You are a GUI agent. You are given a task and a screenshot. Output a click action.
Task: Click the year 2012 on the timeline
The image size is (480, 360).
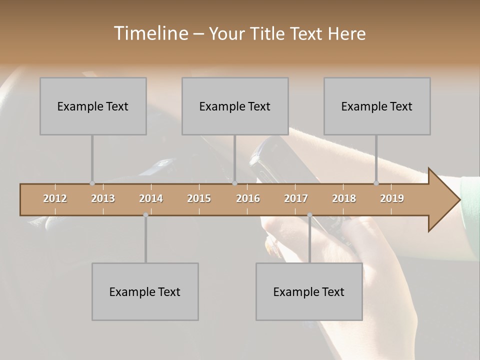(55, 198)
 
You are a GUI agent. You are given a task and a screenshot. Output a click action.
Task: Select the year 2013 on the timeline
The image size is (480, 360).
(103, 198)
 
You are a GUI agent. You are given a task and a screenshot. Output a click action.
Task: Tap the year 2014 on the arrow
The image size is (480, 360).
(151, 198)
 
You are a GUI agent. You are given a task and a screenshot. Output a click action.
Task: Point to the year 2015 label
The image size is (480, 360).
(199, 198)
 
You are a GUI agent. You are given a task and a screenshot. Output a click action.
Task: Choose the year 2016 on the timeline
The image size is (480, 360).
(248, 198)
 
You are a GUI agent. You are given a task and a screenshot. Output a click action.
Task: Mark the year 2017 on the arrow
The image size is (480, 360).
(296, 198)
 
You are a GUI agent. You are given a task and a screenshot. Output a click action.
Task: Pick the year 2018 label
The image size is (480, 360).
(344, 198)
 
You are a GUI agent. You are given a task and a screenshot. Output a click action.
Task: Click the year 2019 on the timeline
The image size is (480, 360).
(392, 198)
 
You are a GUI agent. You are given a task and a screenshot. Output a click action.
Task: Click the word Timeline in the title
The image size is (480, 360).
(150, 33)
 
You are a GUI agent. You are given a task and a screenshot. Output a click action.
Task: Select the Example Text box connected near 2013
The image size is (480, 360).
(93, 106)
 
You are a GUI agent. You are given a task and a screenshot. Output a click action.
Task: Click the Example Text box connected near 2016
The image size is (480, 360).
(235, 106)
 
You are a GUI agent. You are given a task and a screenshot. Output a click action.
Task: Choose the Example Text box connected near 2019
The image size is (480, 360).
(377, 106)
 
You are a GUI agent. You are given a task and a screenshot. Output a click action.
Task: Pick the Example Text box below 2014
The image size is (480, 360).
(145, 291)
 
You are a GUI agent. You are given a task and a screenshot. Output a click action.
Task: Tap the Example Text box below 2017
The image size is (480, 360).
(309, 291)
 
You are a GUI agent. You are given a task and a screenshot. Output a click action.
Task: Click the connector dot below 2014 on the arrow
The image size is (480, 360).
(145, 215)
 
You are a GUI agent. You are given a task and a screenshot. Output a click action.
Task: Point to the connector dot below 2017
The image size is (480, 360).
(309, 215)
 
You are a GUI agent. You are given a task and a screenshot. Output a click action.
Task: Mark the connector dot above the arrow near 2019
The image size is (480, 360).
(376, 183)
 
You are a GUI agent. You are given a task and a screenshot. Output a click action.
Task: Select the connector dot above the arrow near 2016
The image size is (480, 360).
(234, 183)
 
